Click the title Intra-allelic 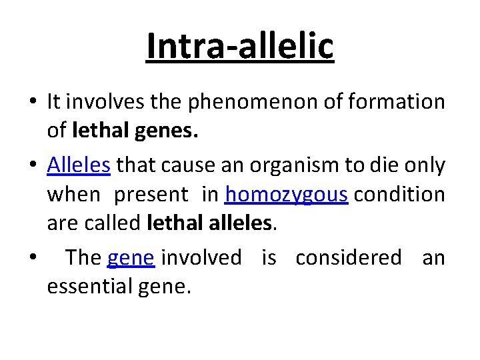click(x=239, y=46)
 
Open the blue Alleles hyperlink click(x=79, y=164)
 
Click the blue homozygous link click(x=287, y=195)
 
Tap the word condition click(x=399, y=195)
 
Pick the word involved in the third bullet click(x=202, y=257)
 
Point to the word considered click(x=348, y=257)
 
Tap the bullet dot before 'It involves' click(x=32, y=103)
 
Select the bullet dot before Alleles click(x=32, y=165)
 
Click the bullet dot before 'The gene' click(x=32, y=257)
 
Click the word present click(x=151, y=195)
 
